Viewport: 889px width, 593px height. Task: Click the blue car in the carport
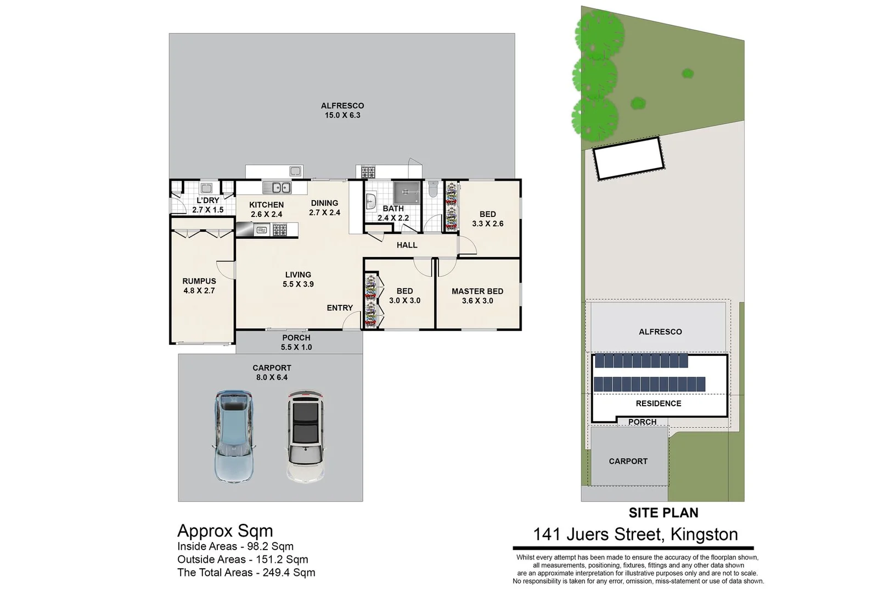pyautogui.click(x=234, y=437)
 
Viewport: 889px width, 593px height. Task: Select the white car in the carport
pyautogui.click(x=306, y=437)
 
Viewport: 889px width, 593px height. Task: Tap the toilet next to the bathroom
pyautogui.click(x=433, y=190)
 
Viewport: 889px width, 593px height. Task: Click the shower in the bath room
pyautogui.click(x=406, y=192)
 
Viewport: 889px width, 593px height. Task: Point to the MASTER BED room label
pyautogui.click(x=477, y=292)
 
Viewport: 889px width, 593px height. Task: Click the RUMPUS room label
pyautogui.click(x=199, y=281)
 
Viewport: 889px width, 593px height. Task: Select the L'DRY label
pyautogui.click(x=207, y=200)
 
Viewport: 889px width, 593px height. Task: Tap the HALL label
pyautogui.click(x=407, y=245)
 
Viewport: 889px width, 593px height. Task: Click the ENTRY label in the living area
pyautogui.click(x=340, y=308)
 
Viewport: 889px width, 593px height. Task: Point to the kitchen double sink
pyautogui.click(x=277, y=188)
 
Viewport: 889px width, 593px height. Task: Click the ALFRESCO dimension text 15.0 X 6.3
pyautogui.click(x=342, y=115)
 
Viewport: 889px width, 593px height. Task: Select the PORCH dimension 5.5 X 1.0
pyautogui.click(x=296, y=347)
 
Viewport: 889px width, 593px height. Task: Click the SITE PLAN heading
pyautogui.click(x=663, y=513)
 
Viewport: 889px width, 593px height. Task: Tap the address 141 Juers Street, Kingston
pyautogui.click(x=635, y=534)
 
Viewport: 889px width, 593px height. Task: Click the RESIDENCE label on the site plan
pyautogui.click(x=658, y=404)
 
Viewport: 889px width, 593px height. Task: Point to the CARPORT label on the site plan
pyautogui.click(x=628, y=461)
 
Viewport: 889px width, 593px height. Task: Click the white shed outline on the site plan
pyautogui.click(x=629, y=158)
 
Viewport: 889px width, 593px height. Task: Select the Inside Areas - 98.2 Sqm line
pyautogui.click(x=235, y=546)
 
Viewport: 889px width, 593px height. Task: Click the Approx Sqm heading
pyautogui.click(x=225, y=531)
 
